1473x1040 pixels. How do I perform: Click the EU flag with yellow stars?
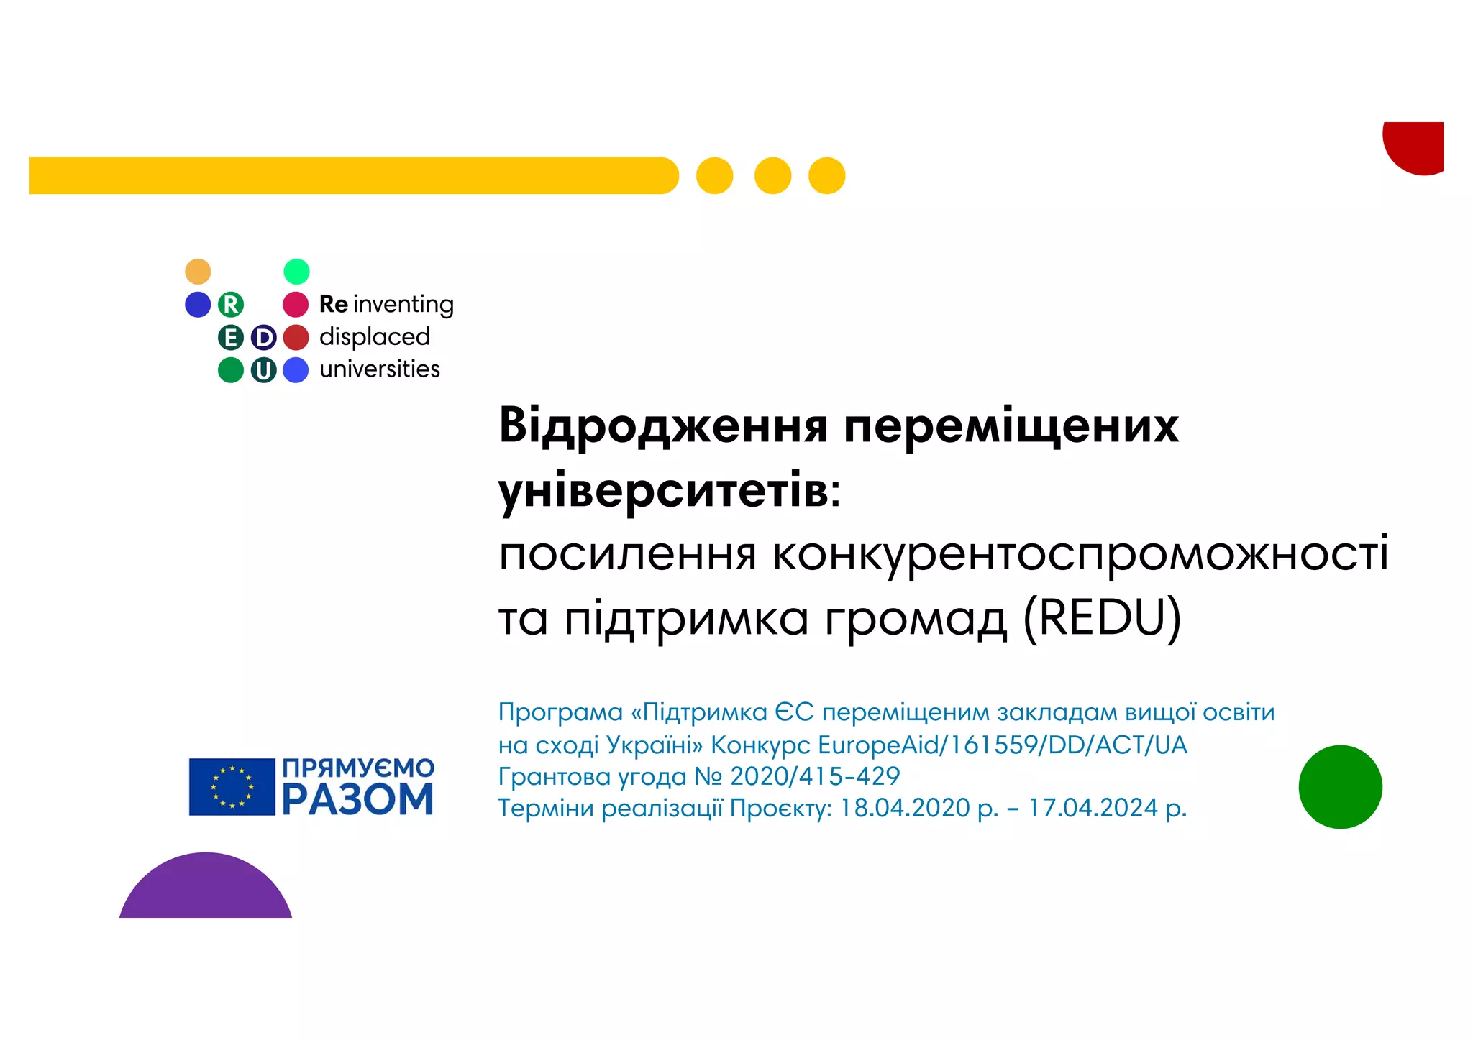[232, 786]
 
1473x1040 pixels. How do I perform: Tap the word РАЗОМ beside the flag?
[357, 800]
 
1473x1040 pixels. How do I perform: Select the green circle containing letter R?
[231, 305]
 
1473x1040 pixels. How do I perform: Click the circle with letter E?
[231, 337]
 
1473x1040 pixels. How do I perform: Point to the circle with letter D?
[263, 337]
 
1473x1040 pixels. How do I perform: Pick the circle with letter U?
[263, 370]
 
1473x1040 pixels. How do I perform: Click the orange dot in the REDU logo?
[198, 272]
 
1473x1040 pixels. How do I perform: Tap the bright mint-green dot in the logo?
[296, 272]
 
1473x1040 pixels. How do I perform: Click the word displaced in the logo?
[375, 336]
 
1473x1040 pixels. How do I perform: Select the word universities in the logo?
[380, 369]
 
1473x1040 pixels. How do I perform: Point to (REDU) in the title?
[1102, 617]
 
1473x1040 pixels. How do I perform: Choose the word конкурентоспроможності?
[1080, 554]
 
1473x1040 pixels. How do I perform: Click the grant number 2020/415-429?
[815, 776]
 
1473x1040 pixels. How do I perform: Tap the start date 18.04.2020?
[905, 808]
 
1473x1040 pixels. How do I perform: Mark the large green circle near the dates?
[1340, 787]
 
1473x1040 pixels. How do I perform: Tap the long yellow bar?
[352, 175]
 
